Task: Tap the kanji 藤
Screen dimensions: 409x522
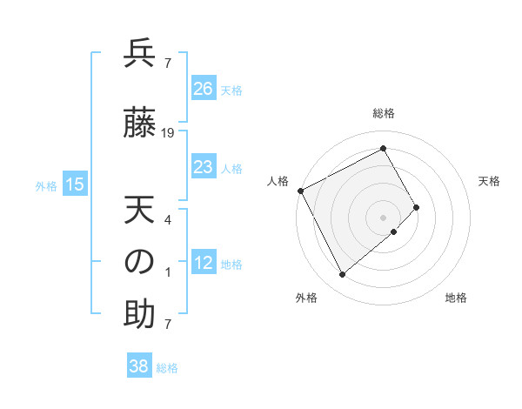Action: point(139,124)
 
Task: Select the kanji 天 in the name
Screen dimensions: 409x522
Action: point(139,211)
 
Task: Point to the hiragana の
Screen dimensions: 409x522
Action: point(139,262)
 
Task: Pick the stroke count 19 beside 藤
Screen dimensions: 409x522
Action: point(168,133)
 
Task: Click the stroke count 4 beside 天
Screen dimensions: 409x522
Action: point(168,219)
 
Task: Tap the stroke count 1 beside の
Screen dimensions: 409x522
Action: point(168,272)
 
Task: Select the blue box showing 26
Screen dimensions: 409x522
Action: point(203,89)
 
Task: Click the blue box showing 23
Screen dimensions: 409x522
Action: point(203,167)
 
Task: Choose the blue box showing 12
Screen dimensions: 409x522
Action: point(203,263)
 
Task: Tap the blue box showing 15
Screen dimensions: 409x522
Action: point(75,184)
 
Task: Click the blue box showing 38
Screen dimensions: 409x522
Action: point(139,366)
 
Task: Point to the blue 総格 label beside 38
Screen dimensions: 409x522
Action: point(167,368)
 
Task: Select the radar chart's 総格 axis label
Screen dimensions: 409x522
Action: point(384,113)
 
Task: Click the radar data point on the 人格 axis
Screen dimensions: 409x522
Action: point(300,191)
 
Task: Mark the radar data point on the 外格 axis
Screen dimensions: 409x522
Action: point(342,275)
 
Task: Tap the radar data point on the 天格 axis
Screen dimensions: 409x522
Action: point(417,207)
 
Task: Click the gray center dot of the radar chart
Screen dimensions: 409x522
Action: point(383,218)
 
